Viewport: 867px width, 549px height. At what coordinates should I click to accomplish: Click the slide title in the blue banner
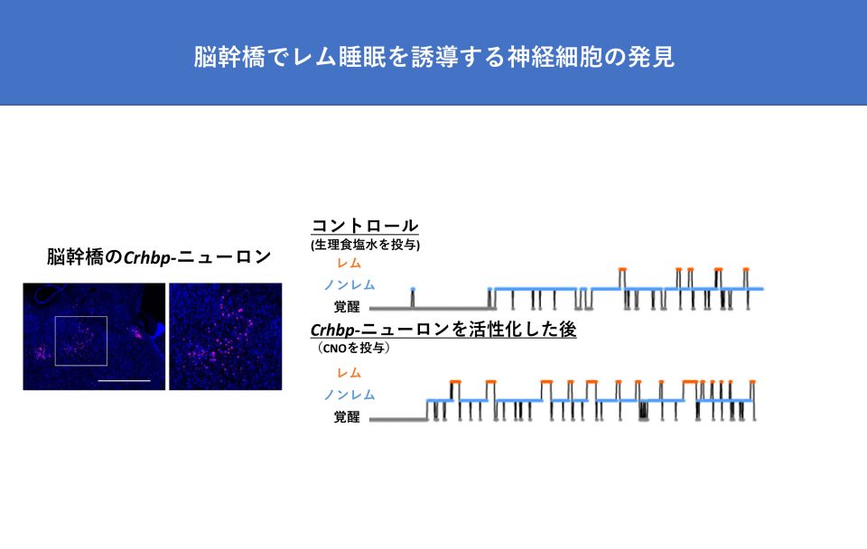click(433, 57)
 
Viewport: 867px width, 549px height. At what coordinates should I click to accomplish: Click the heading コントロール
click(365, 226)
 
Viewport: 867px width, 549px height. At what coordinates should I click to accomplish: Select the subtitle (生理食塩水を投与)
click(365, 245)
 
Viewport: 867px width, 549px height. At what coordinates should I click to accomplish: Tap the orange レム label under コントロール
click(349, 263)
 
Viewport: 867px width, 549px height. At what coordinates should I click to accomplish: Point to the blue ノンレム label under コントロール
click(350, 284)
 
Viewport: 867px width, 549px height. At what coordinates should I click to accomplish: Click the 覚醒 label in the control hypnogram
click(347, 306)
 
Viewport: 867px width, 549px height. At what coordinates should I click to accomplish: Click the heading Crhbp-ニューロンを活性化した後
click(443, 330)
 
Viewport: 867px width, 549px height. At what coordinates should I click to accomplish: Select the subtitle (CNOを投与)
click(353, 348)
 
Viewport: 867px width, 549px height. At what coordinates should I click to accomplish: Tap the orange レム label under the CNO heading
click(349, 373)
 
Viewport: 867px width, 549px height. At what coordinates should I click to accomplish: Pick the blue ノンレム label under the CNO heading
click(350, 395)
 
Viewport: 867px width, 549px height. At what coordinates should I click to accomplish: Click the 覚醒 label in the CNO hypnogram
click(347, 417)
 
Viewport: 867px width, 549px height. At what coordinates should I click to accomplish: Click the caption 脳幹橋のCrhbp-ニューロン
click(159, 257)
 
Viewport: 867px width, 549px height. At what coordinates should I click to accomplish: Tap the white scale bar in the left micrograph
click(124, 380)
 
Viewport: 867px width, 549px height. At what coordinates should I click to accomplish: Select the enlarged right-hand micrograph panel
click(226, 337)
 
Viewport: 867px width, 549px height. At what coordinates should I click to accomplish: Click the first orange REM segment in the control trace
click(622, 269)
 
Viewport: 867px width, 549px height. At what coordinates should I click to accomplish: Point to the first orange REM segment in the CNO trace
click(455, 381)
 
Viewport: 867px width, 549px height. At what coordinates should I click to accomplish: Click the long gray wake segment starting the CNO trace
click(398, 420)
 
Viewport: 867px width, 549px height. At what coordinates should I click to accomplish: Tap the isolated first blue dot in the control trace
click(413, 289)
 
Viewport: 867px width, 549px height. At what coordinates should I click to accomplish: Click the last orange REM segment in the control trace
click(746, 269)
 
